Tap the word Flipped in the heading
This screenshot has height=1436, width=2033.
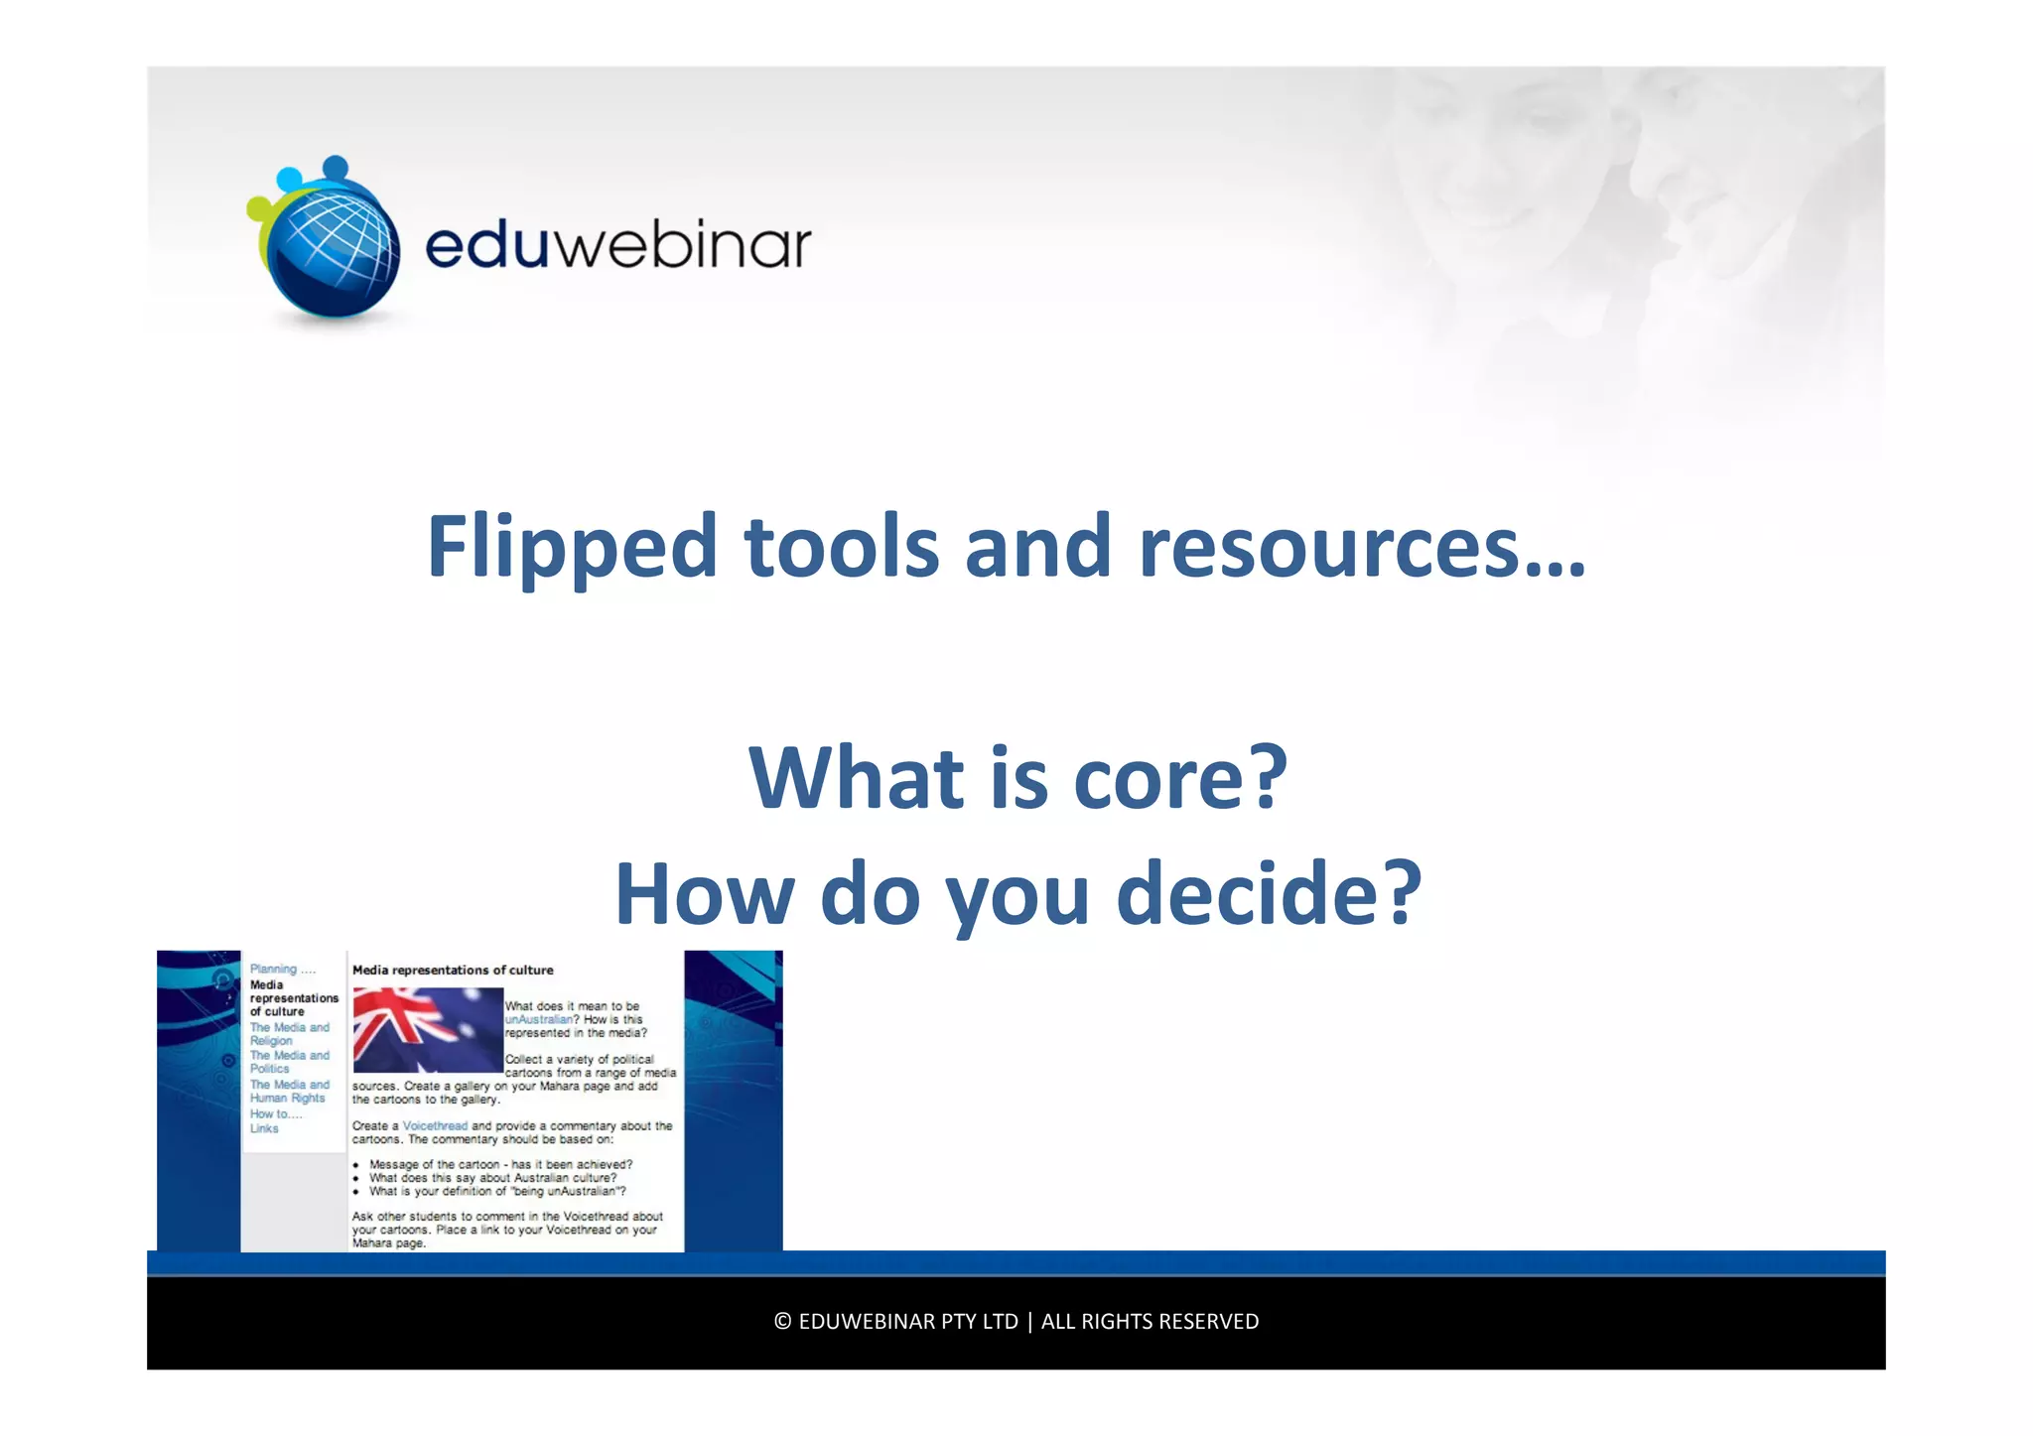click(572, 547)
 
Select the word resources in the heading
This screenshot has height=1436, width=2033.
click(1329, 547)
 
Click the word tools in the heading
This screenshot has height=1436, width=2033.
click(841, 547)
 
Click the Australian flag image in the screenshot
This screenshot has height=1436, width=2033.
click(428, 1029)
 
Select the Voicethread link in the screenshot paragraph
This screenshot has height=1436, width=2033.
click(435, 1126)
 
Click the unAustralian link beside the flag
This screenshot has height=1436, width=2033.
click(539, 1019)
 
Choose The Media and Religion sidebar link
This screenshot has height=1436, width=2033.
click(289, 1034)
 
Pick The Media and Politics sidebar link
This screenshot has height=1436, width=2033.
click(289, 1062)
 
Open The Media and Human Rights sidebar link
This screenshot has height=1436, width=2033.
click(289, 1092)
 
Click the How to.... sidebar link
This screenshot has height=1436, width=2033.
click(276, 1114)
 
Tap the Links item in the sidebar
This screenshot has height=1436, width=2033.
click(264, 1129)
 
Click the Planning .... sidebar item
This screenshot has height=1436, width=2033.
click(282, 970)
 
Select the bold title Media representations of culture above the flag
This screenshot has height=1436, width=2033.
click(453, 971)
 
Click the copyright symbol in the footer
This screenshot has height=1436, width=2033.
click(782, 1322)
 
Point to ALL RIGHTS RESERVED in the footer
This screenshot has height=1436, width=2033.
click(1150, 1322)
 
